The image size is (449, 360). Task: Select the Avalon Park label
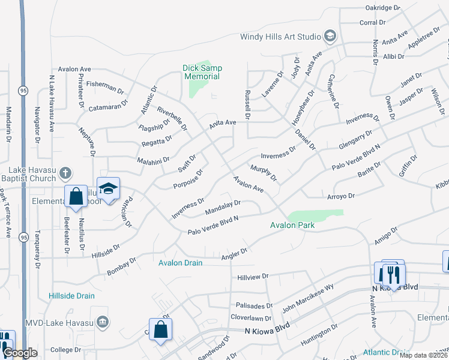pyautogui.click(x=292, y=226)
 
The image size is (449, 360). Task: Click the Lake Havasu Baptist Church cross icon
pyautogui.click(x=66, y=174)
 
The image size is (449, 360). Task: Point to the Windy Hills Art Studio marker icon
pyautogui.click(x=330, y=36)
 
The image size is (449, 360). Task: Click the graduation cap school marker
pyautogui.click(x=108, y=189)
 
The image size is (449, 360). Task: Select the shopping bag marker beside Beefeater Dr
pyautogui.click(x=76, y=197)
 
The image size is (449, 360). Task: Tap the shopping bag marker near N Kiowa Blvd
pyautogui.click(x=160, y=329)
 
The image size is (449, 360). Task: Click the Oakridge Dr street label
pyautogui.click(x=382, y=8)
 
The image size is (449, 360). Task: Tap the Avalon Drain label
pyautogui.click(x=180, y=263)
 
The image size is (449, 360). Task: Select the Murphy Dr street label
pyautogui.click(x=264, y=173)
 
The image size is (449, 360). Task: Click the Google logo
pyautogui.click(x=20, y=353)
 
